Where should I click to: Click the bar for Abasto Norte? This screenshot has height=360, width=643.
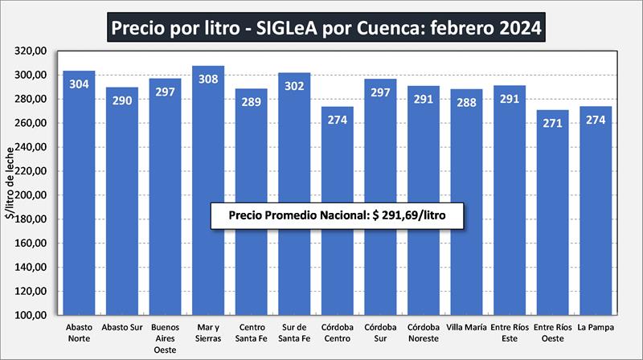pos(79,193)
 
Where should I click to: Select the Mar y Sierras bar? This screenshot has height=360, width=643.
pos(208,193)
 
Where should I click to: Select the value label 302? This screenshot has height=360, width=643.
pos(294,87)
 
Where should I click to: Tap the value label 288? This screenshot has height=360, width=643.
pos(466,103)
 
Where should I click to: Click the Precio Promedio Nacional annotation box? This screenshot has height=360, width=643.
pos(337,216)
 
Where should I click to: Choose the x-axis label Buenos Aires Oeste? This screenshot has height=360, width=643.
pos(165,337)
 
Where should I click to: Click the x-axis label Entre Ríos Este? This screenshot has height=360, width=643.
pos(510,333)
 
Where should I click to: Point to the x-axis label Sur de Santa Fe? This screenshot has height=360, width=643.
pos(294,333)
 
